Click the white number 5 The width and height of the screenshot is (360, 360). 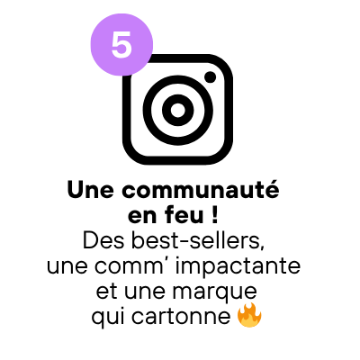pos(121,45)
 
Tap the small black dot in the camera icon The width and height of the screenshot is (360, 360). pos(211,77)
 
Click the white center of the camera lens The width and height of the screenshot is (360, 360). pos(178,110)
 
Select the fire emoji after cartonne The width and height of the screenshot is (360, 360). pos(249,315)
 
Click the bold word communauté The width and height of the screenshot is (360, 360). pos(201,190)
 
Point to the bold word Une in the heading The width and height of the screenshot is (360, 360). pos(91,190)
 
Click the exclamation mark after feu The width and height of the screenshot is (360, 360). pos(214,215)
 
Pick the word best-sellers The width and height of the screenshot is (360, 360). pos(199,240)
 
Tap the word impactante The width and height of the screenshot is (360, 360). pos(238,266)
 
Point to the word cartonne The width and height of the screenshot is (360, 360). pos(181,317)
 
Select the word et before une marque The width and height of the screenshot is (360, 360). pos(106,292)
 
